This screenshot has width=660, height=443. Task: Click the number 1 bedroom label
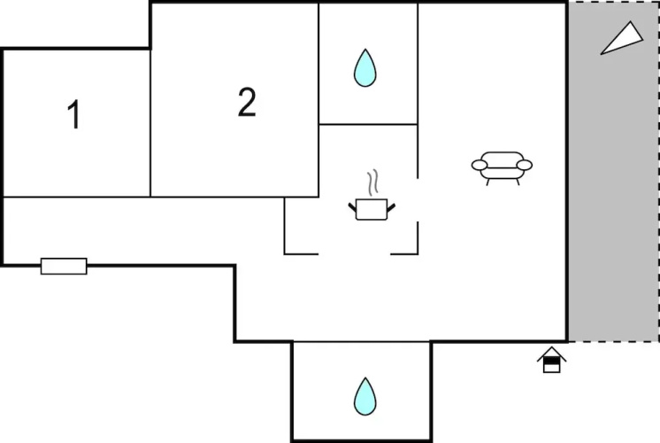click(x=74, y=114)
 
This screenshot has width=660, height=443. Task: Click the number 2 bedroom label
click(x=247, y=102)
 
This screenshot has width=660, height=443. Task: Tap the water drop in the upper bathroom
click(x=365, y=68)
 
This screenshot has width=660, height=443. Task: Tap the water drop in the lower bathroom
click(x=365, y=396)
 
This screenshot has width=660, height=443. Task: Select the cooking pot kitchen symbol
click(x=372, y=209)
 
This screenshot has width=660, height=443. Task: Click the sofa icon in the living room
click(x=502, y=167)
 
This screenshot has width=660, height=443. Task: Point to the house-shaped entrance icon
click(x=551, y=360)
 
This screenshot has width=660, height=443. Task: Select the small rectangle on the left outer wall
click(x=64, y=266)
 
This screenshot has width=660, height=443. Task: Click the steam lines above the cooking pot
click(x=372, y=183)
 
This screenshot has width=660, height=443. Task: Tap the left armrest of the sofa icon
click(x=480, y=165)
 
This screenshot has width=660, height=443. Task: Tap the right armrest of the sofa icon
click(x=525, y=165)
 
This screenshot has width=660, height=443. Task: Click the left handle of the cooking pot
click(x=352, y=207)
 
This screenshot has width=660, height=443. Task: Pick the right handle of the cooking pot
click(x=391, y=207)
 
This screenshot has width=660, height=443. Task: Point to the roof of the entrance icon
click(x=551, y=354)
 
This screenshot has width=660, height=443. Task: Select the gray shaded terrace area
click(x=613, y=171)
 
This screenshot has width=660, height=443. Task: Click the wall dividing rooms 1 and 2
click(x=150, y=123)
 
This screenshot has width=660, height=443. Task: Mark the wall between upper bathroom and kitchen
click(x=368, y=124)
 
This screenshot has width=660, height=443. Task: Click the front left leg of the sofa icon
click(x=487, y=183)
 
